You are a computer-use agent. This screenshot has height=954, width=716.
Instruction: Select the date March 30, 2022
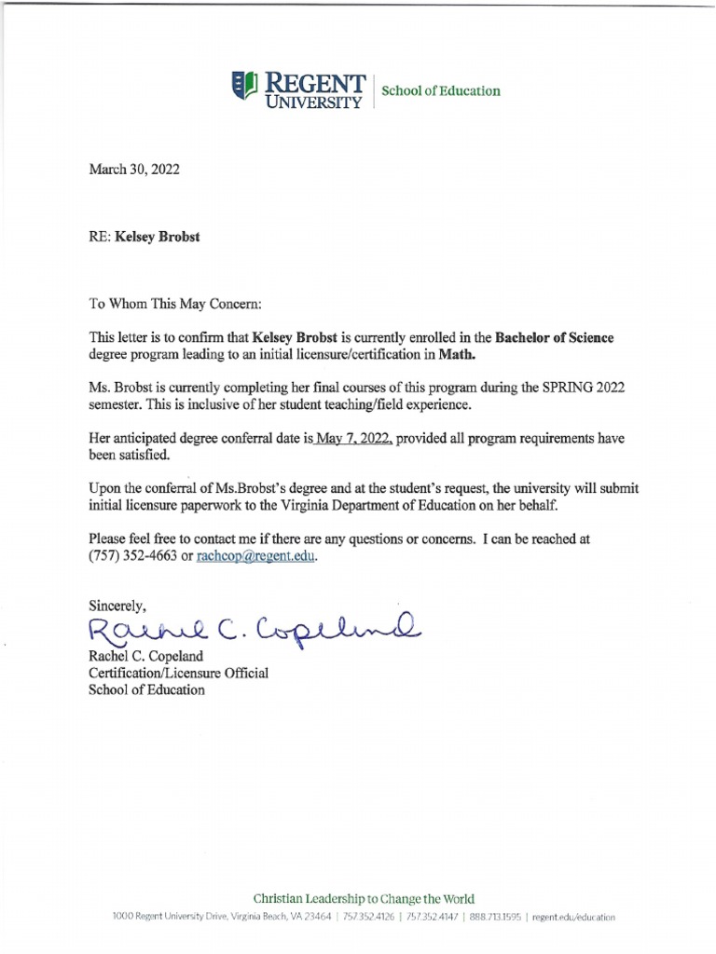pos(134,170)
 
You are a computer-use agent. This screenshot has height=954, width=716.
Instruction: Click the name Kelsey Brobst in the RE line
pos(157,237)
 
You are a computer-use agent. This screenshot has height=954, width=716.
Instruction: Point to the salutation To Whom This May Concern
pos(175,304)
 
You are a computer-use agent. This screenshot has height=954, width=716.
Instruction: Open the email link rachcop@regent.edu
pos(257,556)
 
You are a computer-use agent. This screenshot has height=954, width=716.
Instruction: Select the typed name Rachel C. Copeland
pos(146,657)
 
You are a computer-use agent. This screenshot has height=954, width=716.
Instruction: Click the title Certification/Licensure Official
pos(178,674)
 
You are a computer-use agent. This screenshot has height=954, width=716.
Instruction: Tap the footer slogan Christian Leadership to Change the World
pos(364,899)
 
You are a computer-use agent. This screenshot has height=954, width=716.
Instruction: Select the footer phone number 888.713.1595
pos(495,917)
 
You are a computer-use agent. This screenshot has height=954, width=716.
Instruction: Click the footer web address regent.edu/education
pos(574,917)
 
